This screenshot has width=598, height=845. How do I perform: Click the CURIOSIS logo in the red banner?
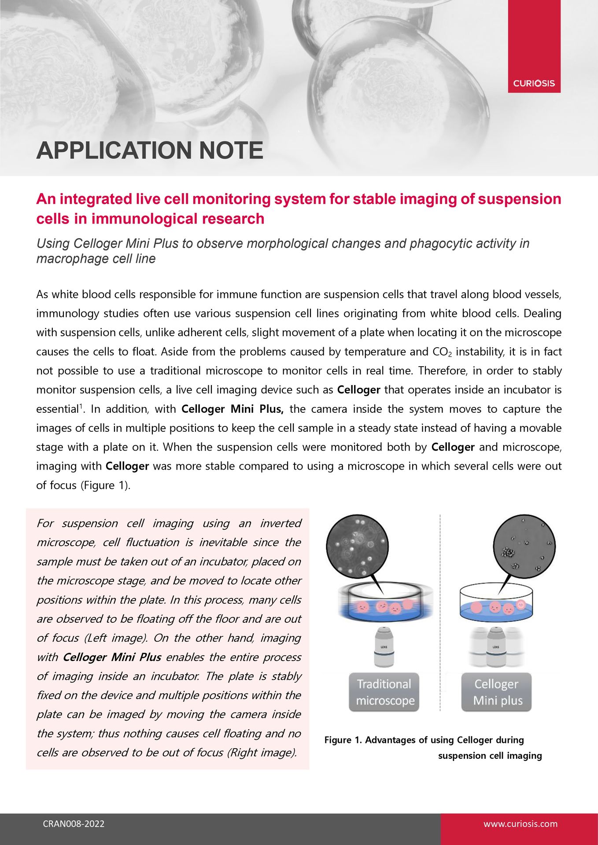[x=534, y=83]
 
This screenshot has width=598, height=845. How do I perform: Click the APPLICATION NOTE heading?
[x=150, y=151]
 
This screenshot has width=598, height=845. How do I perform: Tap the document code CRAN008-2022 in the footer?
[x=74, y=824]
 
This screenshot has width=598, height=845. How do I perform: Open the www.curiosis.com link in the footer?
[x=520, y=824]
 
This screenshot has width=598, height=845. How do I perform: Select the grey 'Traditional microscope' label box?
[x=384, y=692]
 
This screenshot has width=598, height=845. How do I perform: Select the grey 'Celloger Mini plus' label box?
[x=496, y=692]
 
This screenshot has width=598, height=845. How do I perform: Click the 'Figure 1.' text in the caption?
[x=343, y=740]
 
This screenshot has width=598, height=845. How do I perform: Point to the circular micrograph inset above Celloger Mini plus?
[x=524, y=546]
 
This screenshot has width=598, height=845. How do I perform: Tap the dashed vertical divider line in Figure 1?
[x=440, y=616]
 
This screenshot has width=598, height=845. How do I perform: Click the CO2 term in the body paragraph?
[x=443, y=352]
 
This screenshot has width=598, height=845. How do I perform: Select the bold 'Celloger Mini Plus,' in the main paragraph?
[x=232, y=409]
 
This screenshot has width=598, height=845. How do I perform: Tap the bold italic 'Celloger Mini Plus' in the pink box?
[x=112, y=657]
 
